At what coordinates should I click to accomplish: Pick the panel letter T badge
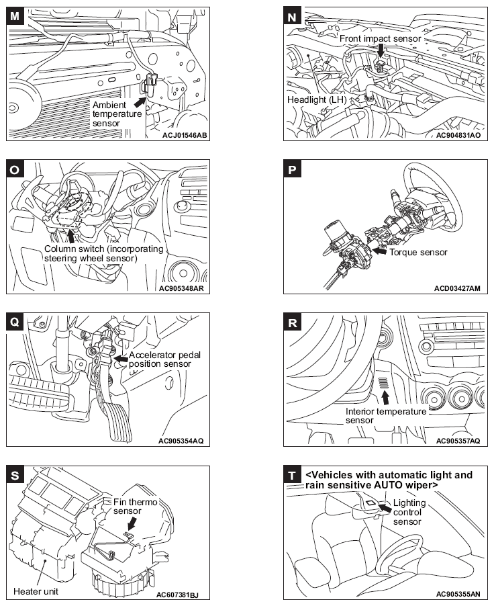click(x=292, y=476)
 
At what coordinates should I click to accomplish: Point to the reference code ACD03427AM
click(x=458, y=288)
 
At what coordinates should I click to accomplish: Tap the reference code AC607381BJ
click(x=183, y=594)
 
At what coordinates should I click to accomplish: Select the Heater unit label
click(x=36, y=591)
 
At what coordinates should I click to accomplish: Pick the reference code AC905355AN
click(x=458, y=594)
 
